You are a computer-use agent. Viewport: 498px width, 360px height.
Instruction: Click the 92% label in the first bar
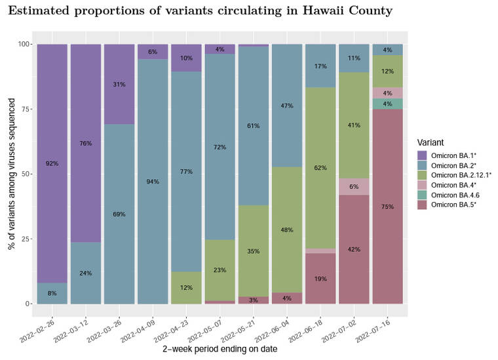click(x=52, y=163)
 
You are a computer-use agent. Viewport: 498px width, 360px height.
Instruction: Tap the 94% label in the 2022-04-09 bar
click(x=153, y=182)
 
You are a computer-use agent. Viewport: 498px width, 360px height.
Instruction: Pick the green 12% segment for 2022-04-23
click(x=186, y=288)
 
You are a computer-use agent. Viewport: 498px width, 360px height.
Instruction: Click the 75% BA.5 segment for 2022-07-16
click(x=387, y=207)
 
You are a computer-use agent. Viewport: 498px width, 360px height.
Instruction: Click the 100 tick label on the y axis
click(x=24, y=44)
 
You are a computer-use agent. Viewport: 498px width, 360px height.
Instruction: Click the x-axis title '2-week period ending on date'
click(x=220, y=350)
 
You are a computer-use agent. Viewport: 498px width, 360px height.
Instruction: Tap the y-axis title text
click(x=11, y=174)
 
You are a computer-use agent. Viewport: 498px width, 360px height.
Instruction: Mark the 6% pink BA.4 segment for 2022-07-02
click(x=354, y=186)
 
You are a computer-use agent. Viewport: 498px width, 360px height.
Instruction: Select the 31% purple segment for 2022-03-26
click(x=119, y=84)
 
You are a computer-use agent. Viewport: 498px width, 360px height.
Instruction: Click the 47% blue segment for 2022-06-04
click(x=287, y=106)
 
